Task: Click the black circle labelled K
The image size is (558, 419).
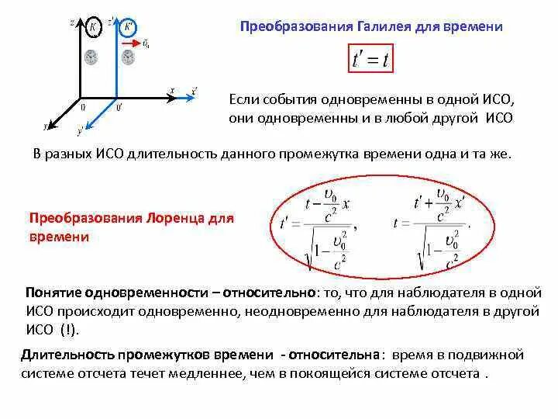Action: pyautogui.click(x=93, y=27)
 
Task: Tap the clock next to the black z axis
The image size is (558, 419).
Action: pyautogui.click(x=92, y=57)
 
